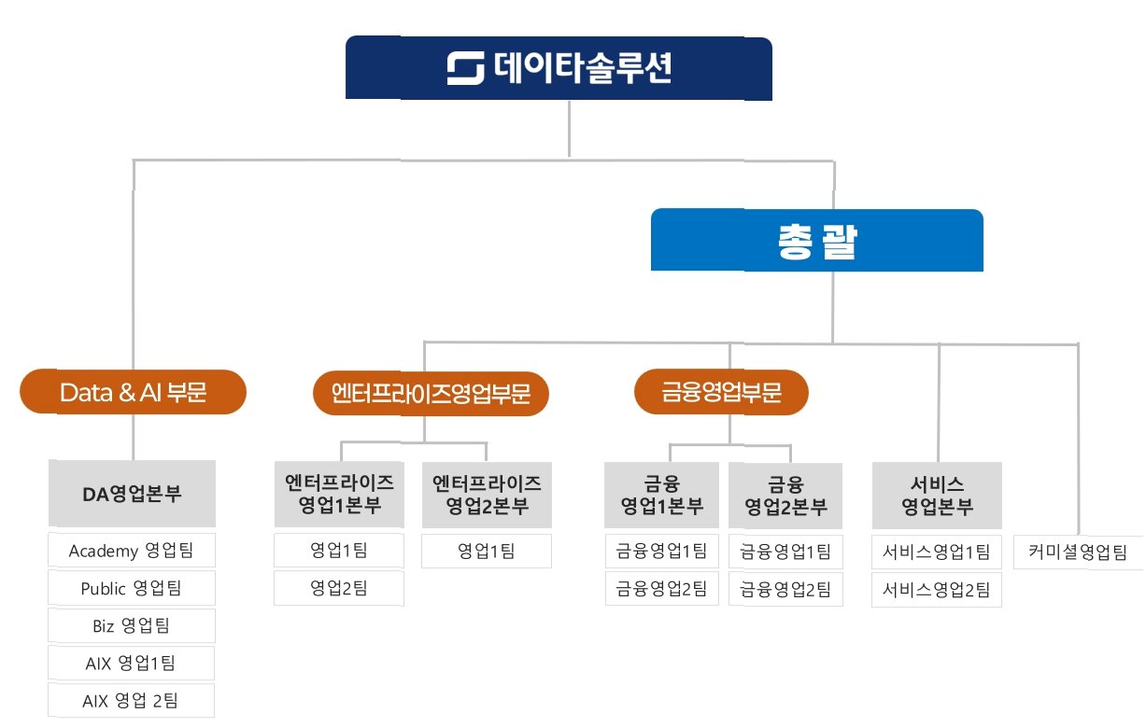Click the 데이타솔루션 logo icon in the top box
coord(465,69)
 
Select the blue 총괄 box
coord(816,241)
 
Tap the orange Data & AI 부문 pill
coord(133,392)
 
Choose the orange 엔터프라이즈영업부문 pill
coord(431,393)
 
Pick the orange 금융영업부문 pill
coord(720,393)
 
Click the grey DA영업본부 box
coord(132,493)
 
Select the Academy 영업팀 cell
coord(132,551)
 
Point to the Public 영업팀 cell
coord(132,588)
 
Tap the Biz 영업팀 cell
coord(132,625)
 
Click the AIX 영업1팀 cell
coord(132,663)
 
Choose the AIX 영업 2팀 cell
coord(132,700)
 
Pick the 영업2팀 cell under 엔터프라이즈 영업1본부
coord(339,588)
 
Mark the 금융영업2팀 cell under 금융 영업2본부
coord(785,588)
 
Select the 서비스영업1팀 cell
coord(937,552)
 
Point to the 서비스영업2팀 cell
coord(937,589)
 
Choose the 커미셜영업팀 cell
coord(1078,552)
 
